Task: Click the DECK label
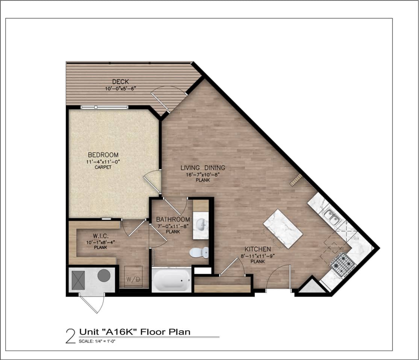[x=121, y=82]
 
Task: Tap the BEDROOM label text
[x=103, y=155]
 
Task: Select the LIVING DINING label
[x=203, y=168]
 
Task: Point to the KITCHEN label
[x=258, y=249]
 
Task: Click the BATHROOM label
[x=173, y=219]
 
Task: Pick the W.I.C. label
[x=101, y=236]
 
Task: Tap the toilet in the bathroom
[x=199, y=252]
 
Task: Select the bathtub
[x=171, y=280]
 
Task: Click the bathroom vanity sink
[x=201, y=224]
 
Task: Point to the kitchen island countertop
[x=283, y=229]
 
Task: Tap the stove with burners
[x=343, y=264]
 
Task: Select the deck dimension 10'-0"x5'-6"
[x=121, y=89]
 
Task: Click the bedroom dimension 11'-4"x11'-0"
[x=103, y=162]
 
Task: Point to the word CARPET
[x=103, y=167]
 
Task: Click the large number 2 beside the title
[x=70, y=336]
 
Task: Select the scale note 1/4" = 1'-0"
[x=99, y=341]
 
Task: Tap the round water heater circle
[x=104, y=275]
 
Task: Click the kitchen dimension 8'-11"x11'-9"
[x=258, y=256]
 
